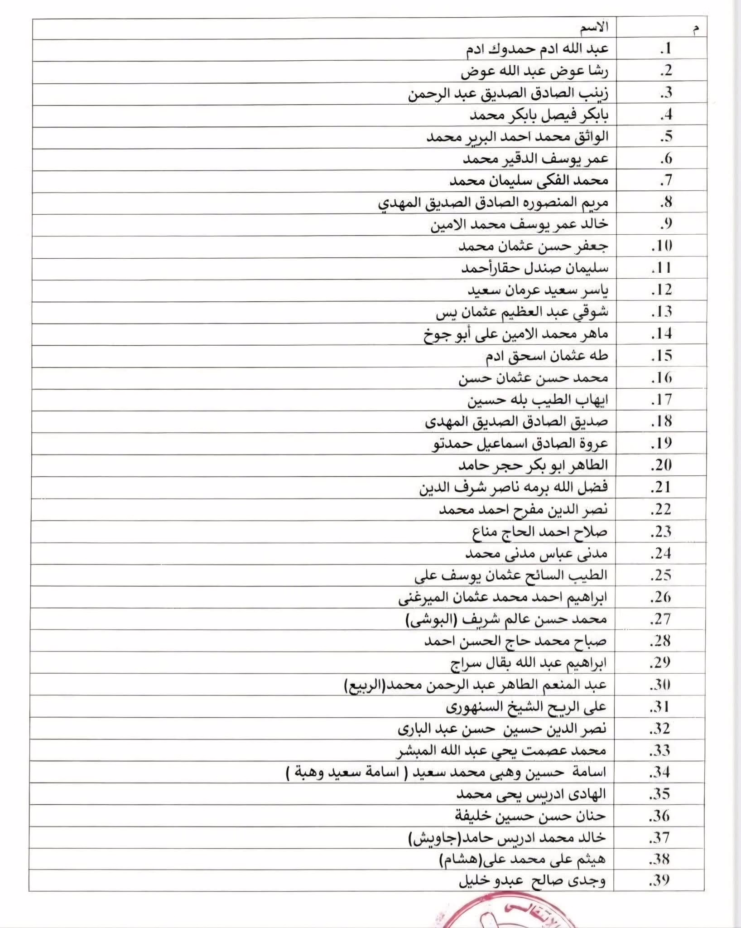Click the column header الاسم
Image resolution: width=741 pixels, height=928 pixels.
(x=594, y=28)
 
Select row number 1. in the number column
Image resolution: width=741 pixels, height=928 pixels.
(x=665, y=49)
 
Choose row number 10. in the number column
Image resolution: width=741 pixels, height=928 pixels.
(x=662, y=246)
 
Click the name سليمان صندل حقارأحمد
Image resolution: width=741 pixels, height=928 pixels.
(x=534, y=268)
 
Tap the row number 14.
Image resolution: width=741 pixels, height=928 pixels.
(x=662, y=334)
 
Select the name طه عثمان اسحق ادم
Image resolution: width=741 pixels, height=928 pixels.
(x=547, y=356)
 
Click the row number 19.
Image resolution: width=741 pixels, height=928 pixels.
(x=662, y=443)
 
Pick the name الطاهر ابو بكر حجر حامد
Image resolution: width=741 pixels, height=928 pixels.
(x=533, y=465)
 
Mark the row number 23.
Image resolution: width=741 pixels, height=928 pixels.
(x=661, y=531)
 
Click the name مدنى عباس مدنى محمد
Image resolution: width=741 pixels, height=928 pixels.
(x=536, y=553)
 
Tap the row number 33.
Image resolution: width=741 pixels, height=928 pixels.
(x=660, y=750)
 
